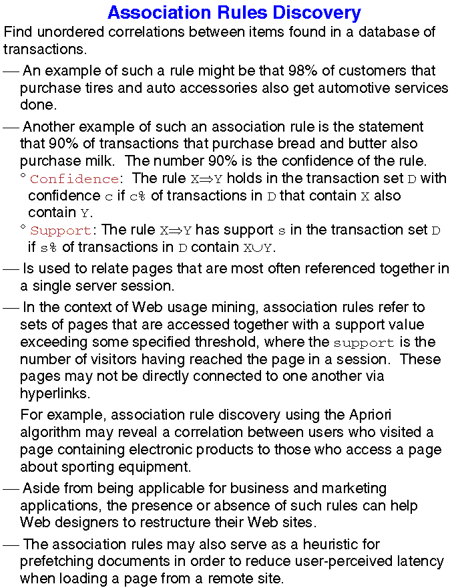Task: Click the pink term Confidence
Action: (74, 179)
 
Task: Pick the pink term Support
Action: (61, 231)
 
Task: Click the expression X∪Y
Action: (258, 248)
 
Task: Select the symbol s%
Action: (48, 248)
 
